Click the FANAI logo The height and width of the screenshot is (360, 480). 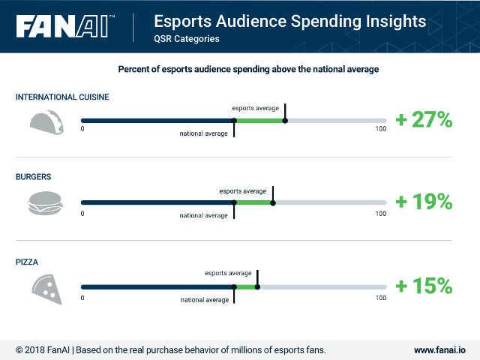tap(65, 26)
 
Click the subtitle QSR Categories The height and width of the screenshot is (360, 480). tap(187, 39)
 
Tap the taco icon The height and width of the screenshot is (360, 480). tap(46, 122)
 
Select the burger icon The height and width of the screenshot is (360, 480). tap(45, 203)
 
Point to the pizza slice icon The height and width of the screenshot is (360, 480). tap(47, 289)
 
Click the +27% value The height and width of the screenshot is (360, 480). tap(424, 119)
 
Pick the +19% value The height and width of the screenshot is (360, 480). tap(424, 202)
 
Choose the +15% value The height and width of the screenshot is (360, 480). tap(424, 286)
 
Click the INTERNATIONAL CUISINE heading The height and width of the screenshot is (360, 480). tap(62, 97)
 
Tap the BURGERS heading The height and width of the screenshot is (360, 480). tap(33, 177)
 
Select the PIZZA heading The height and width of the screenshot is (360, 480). tap(27, 262)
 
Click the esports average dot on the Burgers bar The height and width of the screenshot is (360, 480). tap(273, 202)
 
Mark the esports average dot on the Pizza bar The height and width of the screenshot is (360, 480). tap(257, 286)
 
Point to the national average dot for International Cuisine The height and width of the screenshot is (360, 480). tap(234, 121)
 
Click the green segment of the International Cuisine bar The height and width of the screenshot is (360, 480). tap(259, 121)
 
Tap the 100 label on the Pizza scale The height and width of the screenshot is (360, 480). tap(381, 298)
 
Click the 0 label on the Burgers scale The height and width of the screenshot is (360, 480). tap(82, 213)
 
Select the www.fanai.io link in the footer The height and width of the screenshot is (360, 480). tap(439, 350)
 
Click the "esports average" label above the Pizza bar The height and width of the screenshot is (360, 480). tap(228, 273)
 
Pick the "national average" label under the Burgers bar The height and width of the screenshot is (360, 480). tap(203, 215)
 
